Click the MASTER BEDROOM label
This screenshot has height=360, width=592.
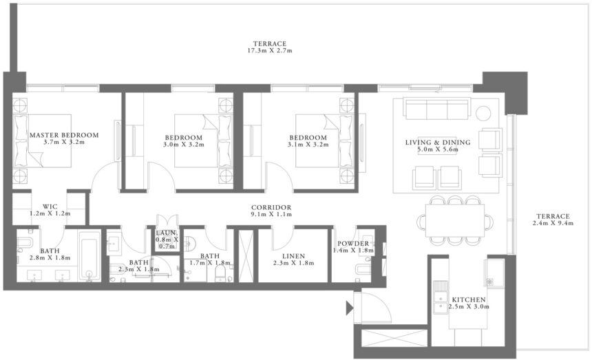[x=63, y=135]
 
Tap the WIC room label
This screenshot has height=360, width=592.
[x=50, y=206]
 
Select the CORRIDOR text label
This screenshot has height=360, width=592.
[x=272, y=207]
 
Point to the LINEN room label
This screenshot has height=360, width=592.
[x=293, y=255]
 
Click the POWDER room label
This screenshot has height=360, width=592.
[x=352, y=244]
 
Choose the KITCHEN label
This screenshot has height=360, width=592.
[x=469, y=300]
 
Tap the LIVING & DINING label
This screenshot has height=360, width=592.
[x=438, y=142]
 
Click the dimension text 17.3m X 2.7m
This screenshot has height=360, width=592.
[x=272, y=51]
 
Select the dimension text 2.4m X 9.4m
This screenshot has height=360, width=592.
[x=552, y=223]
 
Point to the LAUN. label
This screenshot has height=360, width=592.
[x=167, y=234]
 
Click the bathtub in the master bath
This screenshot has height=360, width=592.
[x=89, y=256]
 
